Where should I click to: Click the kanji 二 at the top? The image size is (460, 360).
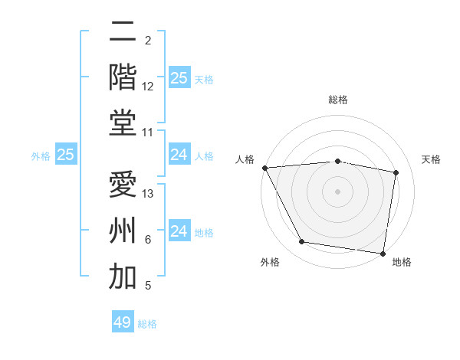123,32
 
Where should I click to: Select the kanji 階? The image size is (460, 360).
123,76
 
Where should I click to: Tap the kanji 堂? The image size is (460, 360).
123,123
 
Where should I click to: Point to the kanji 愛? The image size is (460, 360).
123,185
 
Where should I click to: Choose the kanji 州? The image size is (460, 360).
123,231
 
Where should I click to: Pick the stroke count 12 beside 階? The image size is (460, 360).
148,87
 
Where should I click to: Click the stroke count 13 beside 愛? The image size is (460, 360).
149,194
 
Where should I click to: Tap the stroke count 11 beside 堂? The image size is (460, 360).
148,133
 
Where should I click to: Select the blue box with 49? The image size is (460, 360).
123,322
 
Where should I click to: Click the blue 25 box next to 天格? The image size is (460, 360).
179,77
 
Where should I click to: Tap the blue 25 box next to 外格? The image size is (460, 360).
65,155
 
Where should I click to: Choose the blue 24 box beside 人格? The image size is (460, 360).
179,155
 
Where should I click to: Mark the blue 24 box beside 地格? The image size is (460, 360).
179,231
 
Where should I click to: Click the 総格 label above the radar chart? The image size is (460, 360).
338,100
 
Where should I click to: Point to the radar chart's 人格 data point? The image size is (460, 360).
264,168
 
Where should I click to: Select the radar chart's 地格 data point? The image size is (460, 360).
383,253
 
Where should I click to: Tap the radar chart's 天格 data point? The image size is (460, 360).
396,172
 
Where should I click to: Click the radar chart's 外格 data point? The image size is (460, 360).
302,242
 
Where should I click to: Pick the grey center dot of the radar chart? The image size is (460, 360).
338,191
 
